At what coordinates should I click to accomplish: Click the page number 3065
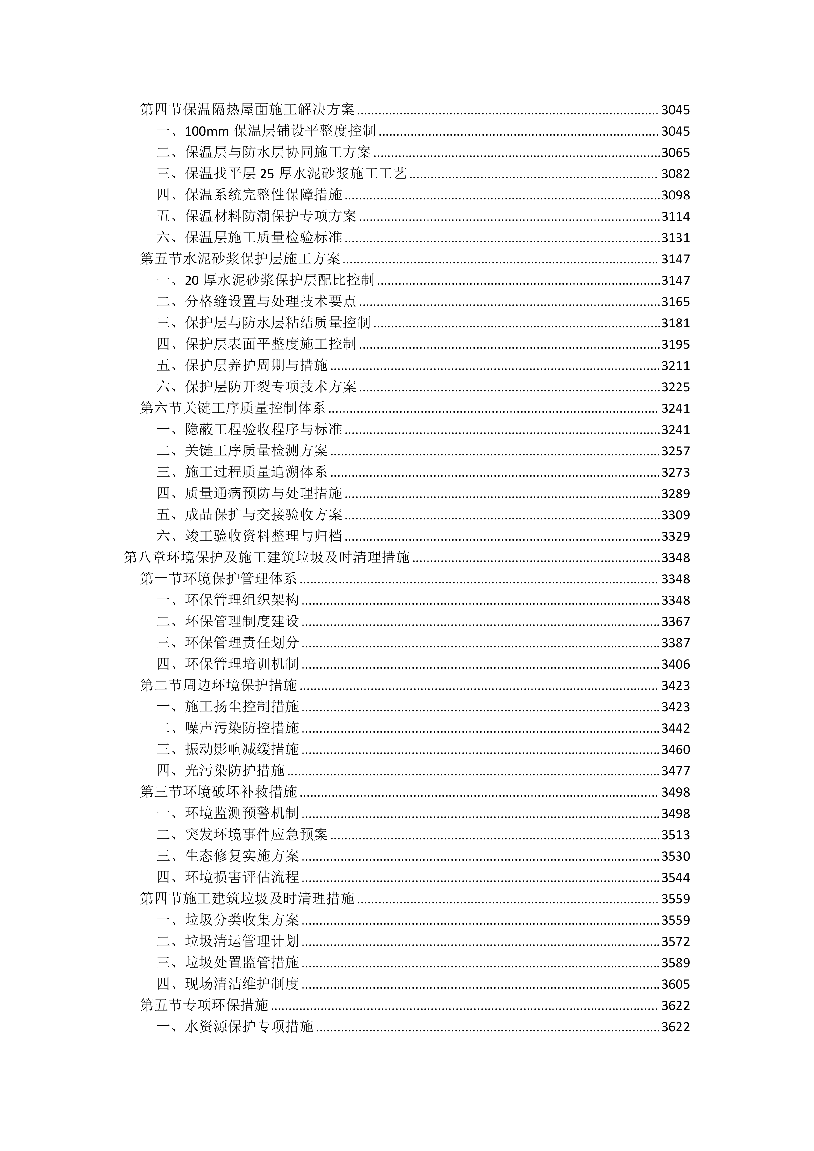pyautogui.click(x=676, y=152)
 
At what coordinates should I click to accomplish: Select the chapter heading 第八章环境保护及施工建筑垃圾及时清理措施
pyautogui.click(x=267, y=557)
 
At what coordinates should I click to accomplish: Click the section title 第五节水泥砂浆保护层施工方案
pyautogui.click(x=240, y=259)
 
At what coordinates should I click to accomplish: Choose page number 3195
pyautogui.click(x=676, y=345)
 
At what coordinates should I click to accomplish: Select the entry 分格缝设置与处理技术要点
pyautogui.click(x=271, y=302)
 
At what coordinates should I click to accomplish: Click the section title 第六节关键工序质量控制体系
pyautogui.click(x=233, y=408)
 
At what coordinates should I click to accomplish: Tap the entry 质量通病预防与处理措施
pyautogui.click(x=264, y=494)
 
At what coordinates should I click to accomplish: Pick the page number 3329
pyautogui.click(x=676, y=536)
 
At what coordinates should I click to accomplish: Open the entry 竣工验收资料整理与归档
pyautogui.click(x=264, y=536)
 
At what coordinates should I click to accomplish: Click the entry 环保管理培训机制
pyautogui.click(x=242, y=664)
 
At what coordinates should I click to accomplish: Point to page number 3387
pyautogui.click(x=676, y=643)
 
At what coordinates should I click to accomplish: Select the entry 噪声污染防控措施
pyautogui.click(x=242, y=728)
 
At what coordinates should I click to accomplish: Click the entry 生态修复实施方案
pyautogui.click(x=242, y=856)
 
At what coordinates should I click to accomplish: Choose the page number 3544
pyautogui.click(x=676, y=878)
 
